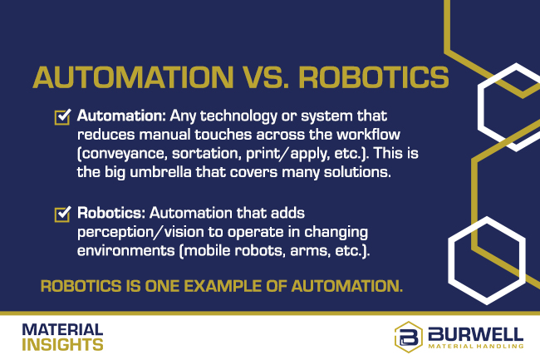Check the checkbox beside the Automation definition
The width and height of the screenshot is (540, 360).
click(61, 117)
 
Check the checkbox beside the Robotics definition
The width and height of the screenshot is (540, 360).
click(61, 215)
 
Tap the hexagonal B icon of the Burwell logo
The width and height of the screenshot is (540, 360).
click(408, 335)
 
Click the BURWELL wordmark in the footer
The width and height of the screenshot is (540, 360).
click(476, 332)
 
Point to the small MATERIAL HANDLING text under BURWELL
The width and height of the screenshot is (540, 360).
click(476, 345)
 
